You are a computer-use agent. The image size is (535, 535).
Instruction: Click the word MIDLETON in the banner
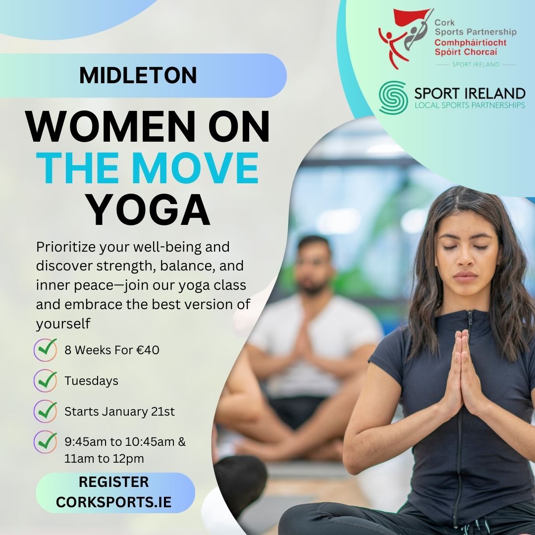(x=138, y=75)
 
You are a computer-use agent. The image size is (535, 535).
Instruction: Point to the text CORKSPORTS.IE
(x=113, y=502)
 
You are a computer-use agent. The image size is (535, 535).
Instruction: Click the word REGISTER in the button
(x=113, y=482)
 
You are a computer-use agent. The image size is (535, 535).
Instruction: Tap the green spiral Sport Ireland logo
(x=393, y=98)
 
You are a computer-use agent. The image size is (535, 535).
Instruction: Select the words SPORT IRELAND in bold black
(x=470, y=93)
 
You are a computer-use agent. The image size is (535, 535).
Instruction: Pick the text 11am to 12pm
(x=104, y=459)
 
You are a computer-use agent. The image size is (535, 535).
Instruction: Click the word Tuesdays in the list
(x=92, y=381)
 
